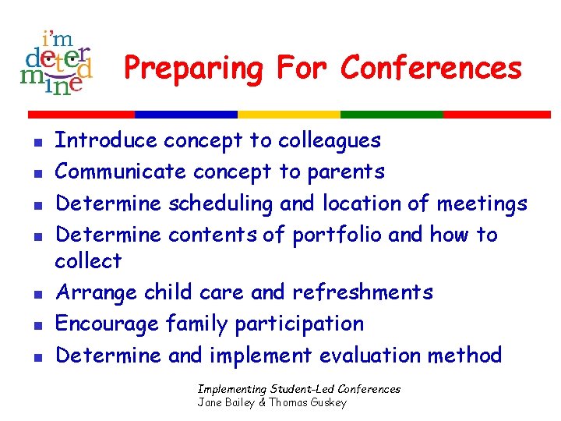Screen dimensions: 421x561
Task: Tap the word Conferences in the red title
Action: pos(431,69)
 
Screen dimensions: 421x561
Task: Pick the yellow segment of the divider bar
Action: pos(299,114)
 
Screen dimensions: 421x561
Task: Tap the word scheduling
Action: pos(221,204)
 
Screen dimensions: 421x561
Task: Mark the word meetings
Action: pos(482,204)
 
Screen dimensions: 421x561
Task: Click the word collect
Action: pos(88,261)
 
